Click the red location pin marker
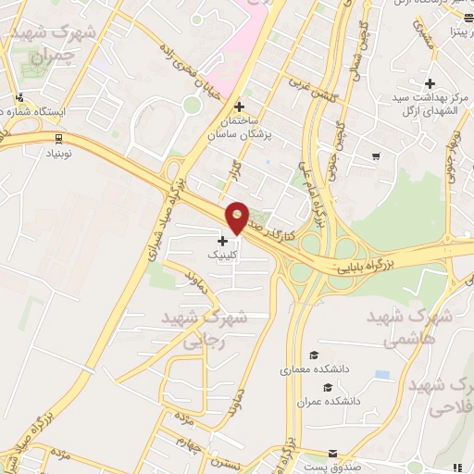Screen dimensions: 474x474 pos(237,217)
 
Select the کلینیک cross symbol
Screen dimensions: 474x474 pos(222,241)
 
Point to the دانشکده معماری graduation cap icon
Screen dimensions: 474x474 pos(314,355)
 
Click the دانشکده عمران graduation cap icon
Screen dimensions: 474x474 pos(325,387)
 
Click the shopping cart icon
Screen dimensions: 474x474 pos(375,156)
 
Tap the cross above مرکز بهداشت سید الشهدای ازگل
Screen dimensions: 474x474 pos(431,84)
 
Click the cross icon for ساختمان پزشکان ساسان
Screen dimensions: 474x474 pos(240,106)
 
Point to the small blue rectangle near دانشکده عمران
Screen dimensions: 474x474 pos(382,374)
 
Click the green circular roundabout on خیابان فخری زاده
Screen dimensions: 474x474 pos(192,105)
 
